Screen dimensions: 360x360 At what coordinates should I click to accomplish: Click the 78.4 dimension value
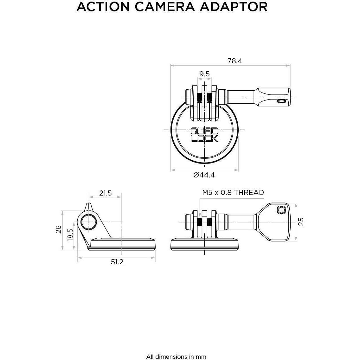235,61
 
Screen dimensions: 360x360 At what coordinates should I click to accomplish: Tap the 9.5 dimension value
204,74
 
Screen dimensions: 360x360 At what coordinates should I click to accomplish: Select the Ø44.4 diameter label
204,175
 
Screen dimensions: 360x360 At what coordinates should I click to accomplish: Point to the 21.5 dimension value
105,193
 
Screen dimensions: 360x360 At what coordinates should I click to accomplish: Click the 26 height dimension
58,229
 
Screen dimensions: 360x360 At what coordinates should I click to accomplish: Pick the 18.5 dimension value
70,235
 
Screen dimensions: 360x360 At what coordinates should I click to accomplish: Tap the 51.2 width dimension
117,262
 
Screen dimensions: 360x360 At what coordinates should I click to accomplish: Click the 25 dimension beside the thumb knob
301,222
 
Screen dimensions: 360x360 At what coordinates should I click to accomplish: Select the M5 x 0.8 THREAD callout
233,192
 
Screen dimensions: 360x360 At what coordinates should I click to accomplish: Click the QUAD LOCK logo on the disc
204,134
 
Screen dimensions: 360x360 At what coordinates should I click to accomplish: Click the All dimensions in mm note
176,348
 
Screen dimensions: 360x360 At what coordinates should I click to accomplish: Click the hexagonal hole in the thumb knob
281,210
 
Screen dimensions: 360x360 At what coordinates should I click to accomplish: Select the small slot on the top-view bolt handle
280,101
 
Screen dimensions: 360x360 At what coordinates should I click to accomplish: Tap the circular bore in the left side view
88,222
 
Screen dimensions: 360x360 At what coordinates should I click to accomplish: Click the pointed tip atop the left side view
88,205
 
